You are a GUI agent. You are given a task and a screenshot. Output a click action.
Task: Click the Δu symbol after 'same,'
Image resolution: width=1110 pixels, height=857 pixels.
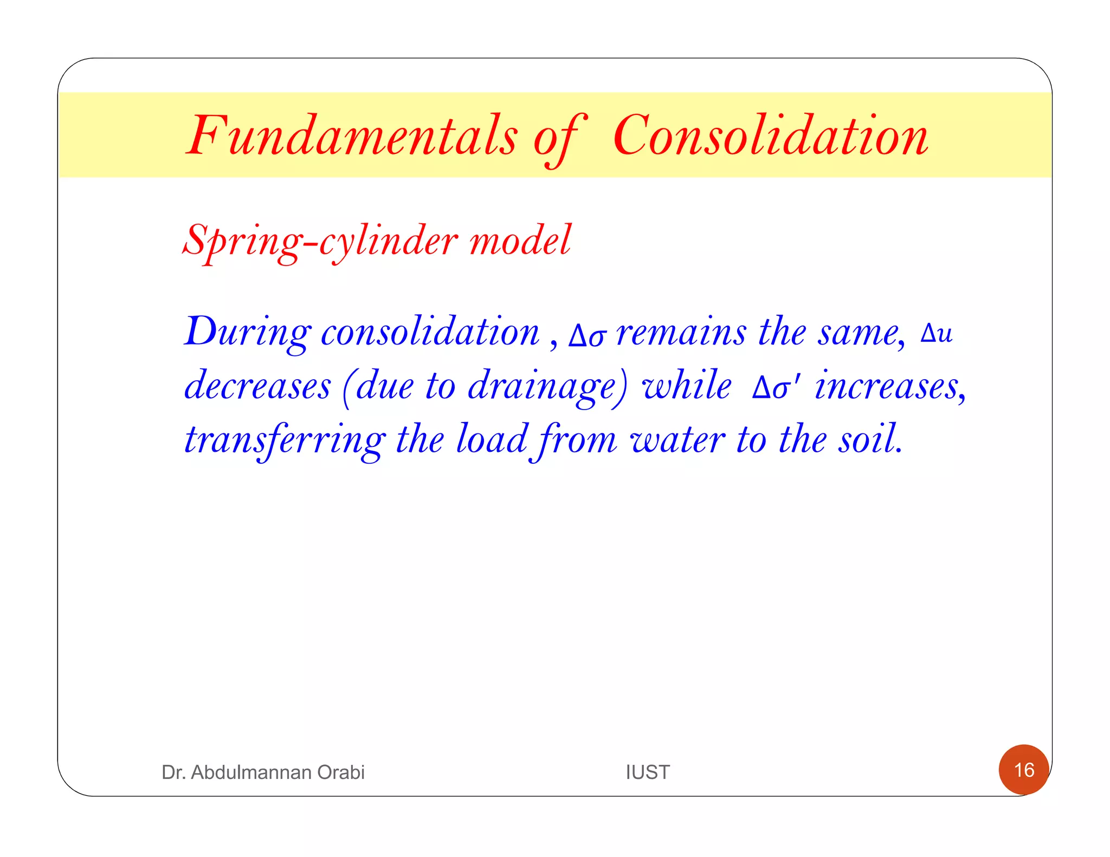click(936, 333)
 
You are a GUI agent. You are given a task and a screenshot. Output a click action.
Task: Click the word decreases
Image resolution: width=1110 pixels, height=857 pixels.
click(257, 386)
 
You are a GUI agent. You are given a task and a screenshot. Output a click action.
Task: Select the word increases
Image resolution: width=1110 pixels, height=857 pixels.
click(889, 386)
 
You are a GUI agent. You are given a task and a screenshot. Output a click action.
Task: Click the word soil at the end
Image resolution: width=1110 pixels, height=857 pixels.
click(870, 439)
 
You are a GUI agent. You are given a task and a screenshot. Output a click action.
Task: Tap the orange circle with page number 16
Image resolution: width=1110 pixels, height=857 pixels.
click(1024, 770)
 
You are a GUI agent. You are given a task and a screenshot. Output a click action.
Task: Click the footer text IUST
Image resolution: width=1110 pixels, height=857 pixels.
click(648, 772)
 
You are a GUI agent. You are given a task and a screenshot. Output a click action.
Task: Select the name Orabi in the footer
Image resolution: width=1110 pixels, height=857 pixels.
click(340, 772)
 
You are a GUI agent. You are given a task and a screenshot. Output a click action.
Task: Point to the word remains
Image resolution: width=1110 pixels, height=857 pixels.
click(681, 332)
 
